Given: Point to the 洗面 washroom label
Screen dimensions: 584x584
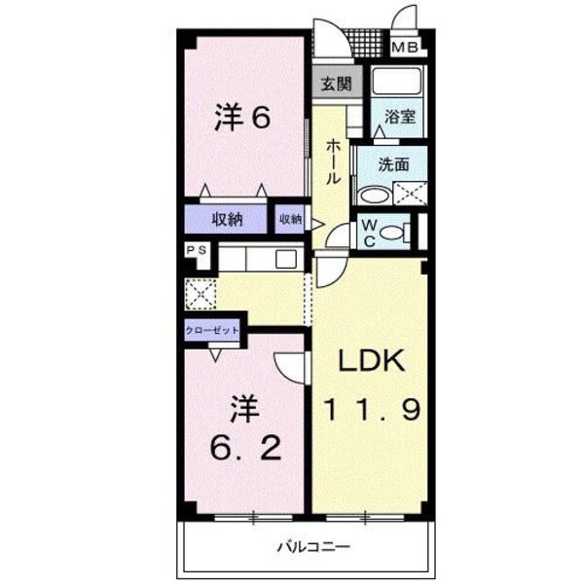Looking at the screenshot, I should click(x=394, y=164).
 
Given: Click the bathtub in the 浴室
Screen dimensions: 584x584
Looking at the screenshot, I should click(x=395, y=82).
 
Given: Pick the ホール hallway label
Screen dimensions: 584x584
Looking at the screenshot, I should click(x=333, y=162).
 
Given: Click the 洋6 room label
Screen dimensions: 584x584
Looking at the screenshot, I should click(x=241, y=118).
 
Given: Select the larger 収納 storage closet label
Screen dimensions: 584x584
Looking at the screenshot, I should click(x=226, y=219).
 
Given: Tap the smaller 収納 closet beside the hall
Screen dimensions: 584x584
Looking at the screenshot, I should click(x=291, y=220).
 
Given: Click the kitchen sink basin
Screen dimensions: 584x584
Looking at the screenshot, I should click(x=286, y=259).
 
